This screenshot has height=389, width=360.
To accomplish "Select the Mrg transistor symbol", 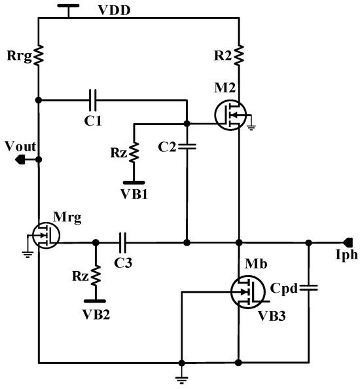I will (44, 234).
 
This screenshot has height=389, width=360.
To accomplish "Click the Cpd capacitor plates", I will (308, 287).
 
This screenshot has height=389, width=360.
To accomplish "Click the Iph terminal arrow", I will (348, 242).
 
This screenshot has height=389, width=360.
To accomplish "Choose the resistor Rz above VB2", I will (96, 274).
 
